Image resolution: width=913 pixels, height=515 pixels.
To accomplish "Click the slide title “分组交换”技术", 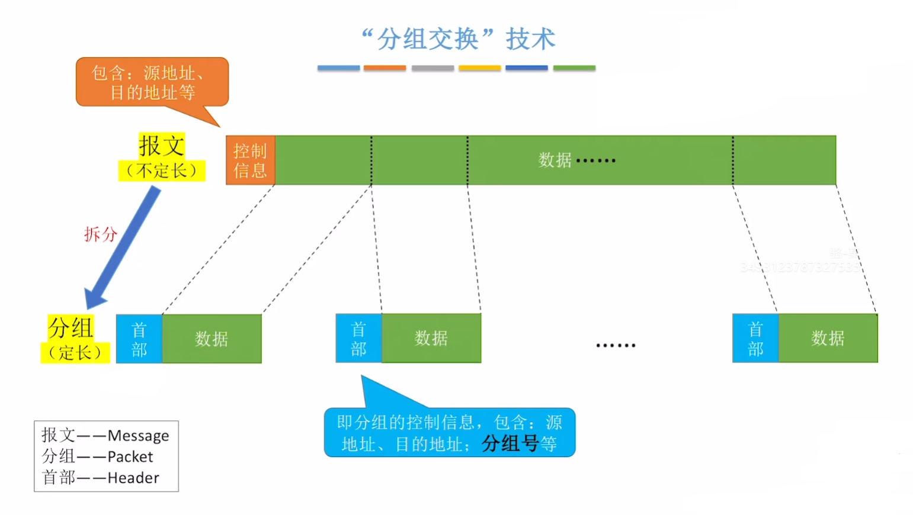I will (458, 39).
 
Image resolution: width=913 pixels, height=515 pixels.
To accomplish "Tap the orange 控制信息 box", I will (250, 160).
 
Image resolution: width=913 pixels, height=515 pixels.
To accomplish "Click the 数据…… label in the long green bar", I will (576, 160).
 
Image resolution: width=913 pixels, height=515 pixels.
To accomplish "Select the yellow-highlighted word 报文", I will (161, 146).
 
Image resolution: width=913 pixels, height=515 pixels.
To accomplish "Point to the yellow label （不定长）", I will (161, 171).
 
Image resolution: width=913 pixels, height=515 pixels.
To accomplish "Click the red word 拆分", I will (100, 234).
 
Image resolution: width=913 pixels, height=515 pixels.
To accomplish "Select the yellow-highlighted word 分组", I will (71, 327).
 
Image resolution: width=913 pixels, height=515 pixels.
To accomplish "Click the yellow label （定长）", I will (75, 353).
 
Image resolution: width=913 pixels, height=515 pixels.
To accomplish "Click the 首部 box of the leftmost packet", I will (139, 339).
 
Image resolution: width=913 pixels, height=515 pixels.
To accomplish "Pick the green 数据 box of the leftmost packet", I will (212, 339).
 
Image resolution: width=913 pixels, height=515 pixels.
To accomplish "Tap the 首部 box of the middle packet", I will (358, 339).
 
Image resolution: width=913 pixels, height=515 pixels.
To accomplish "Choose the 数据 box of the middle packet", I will (431, 339).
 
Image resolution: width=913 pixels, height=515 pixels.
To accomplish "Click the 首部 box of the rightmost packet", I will (755, 339).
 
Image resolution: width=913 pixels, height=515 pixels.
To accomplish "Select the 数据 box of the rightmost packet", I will (827, 339).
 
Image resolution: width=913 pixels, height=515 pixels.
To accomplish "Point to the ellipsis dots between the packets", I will (616, 345).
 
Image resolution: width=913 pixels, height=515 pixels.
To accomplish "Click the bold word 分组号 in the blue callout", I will (510, 443).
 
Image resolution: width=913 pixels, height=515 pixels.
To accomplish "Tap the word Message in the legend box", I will (138, 436).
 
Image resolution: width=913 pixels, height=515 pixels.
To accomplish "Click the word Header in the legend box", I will (133, 478).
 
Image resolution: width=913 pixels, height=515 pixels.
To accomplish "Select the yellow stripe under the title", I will (479, 68).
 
